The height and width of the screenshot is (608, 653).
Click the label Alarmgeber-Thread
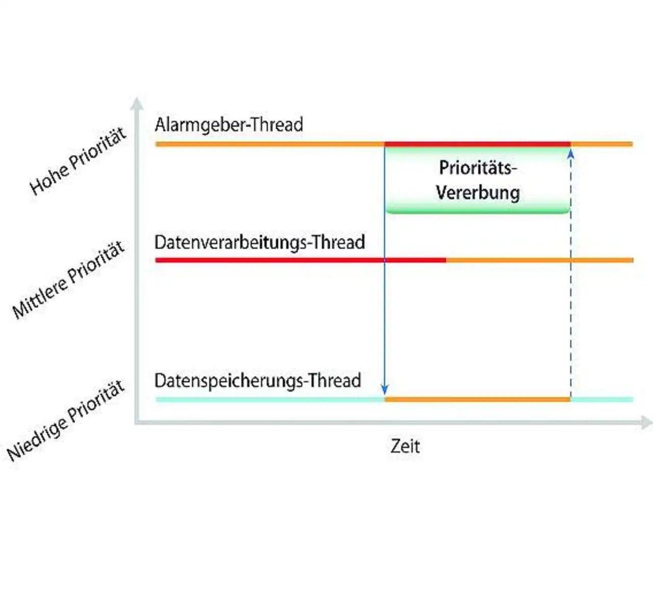tap(229, 125)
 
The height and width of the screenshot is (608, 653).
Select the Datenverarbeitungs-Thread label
tap(260, 242)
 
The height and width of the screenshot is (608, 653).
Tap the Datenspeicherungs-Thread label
tap(258, 381)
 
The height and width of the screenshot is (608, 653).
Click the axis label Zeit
tap(405, 446)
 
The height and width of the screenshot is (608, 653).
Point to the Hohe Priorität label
tap(78, 161)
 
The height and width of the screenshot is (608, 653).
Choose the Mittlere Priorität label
tap(68, 280)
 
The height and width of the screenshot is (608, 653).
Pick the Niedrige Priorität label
tap(66, 420)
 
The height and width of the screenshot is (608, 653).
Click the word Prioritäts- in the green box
tap(478, 168)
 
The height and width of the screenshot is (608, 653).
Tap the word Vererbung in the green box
tap(478, 193)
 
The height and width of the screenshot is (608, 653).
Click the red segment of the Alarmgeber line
tap(477, 144)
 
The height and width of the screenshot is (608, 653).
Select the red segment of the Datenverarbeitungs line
tap(301, 260)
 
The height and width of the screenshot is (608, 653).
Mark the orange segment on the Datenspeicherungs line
tap(477, 399)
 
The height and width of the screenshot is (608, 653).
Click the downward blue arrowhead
tap(385, 389)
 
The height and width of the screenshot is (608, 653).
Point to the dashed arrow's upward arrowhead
tap(571, 152)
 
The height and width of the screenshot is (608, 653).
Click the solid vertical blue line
tap(385, 317)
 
